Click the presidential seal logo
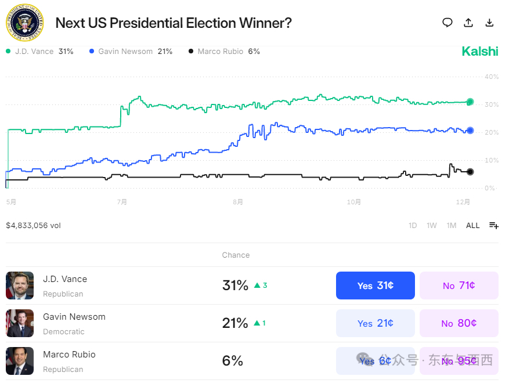[25, 23]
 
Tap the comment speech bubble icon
[447, 23]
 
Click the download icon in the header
[489, 23]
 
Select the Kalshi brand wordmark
[480, 52]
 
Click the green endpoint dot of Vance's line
[470, 102]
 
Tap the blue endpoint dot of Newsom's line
[470, 131]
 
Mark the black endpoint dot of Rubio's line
[470, 172]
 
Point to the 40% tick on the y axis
[492, 77]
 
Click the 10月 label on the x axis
[354, 203]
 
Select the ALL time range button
[473, 226]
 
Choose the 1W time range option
[432, 226]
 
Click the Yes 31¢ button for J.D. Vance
[376, 286]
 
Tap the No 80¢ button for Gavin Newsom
[459, 323]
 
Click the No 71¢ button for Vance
[459, 286]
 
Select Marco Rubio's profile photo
[20, 361]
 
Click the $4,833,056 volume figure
[33, 226]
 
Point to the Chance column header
[236, 255]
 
